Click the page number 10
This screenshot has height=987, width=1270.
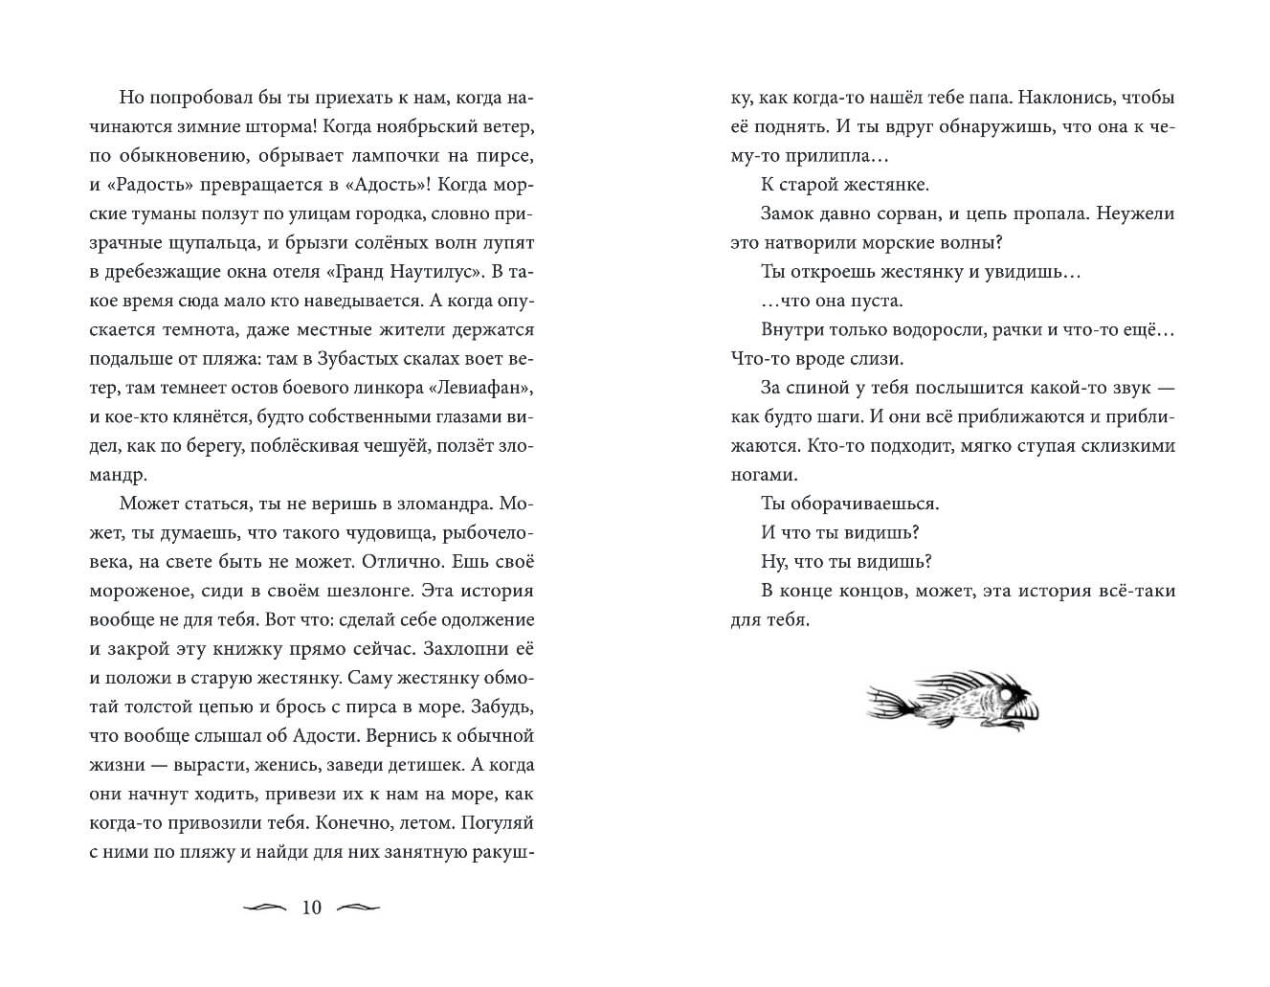point(312,908)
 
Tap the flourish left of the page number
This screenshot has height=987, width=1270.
point(264,908)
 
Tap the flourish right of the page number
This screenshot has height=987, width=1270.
point(360,908)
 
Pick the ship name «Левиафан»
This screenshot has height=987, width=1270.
point(482,388)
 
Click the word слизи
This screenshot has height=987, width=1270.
point(877,359)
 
